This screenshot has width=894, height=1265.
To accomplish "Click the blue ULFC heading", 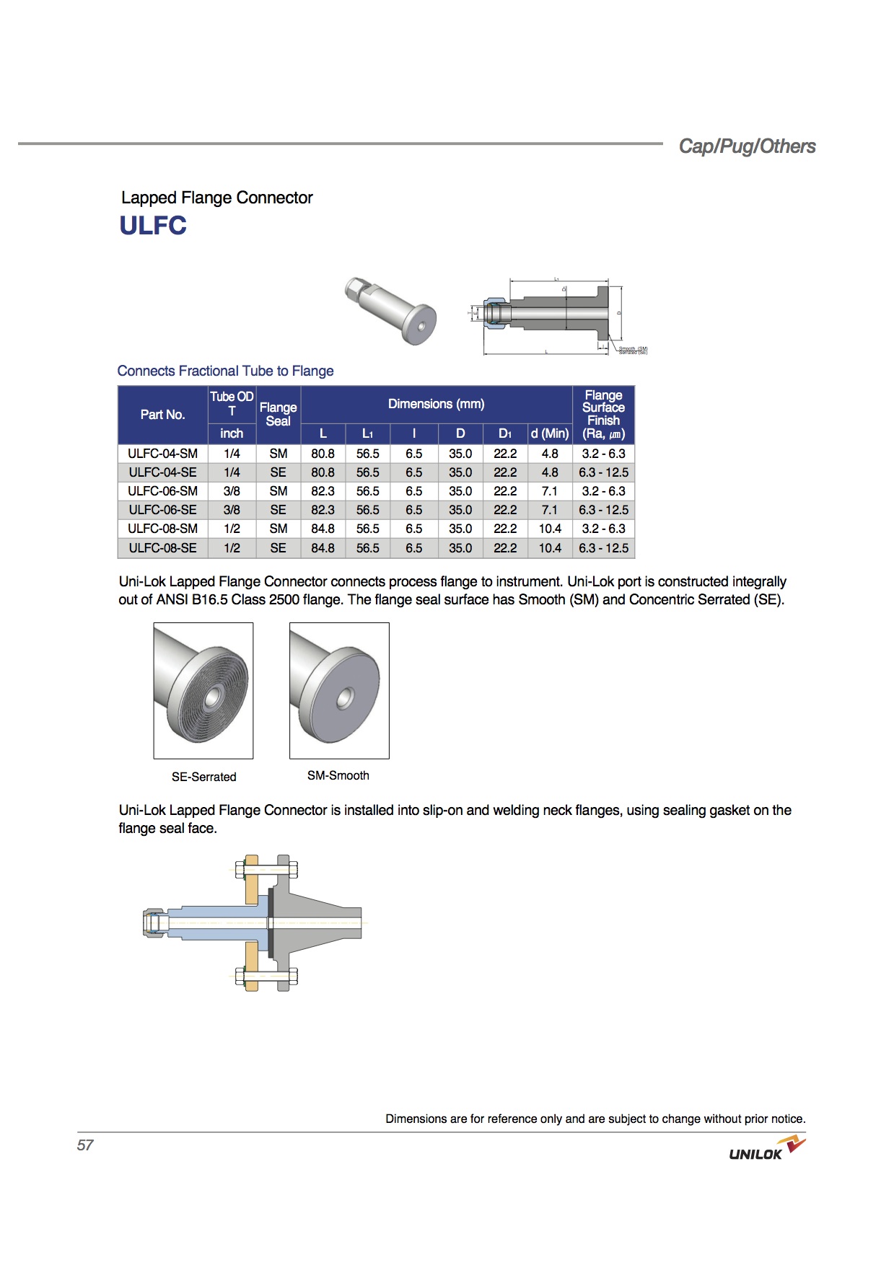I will click(153, 226).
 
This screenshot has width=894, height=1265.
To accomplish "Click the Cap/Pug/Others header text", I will click(747, 146).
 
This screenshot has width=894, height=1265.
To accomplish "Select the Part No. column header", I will click(162, 415).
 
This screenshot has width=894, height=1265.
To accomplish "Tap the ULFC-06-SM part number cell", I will click(162, 491).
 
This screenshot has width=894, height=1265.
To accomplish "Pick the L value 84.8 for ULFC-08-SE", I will click(323, 548).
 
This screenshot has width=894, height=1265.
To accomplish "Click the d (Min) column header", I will click(550, 433).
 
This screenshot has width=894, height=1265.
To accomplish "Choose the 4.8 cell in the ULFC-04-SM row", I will click(550, 454).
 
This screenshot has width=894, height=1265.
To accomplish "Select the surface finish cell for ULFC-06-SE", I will click(603, 510).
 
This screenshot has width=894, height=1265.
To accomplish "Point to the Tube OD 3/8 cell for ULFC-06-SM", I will click(232, 491).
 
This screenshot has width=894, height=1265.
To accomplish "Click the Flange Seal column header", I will click(278, 415).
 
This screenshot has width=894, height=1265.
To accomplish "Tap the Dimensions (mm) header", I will click(436, 404).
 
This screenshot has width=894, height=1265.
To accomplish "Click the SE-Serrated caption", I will click(203, 777).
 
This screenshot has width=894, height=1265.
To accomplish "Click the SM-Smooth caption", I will click(338, 775).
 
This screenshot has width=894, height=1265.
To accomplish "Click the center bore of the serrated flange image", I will click(212, 700).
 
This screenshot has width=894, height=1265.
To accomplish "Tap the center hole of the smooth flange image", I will click(346, 698).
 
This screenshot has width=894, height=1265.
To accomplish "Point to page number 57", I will click(85, 1145).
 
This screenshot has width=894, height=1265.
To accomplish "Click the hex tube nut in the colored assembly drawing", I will click(154, 922).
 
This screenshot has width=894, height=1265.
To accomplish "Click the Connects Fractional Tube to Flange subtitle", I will click(225, 371).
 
